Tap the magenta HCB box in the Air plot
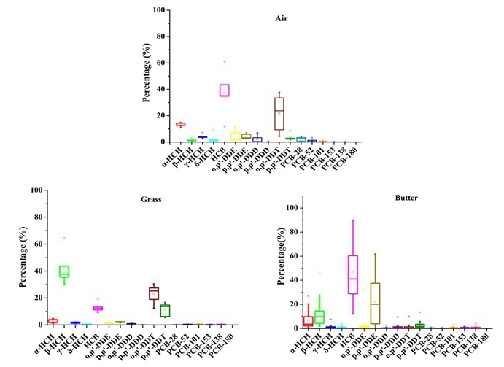coord(225,90)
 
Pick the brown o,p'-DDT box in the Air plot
coord(279,113)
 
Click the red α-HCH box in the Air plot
coord(180,125)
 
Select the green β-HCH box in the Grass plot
coord(64,271)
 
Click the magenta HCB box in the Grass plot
coord(98,309)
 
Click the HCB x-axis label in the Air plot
coord(220,152)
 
